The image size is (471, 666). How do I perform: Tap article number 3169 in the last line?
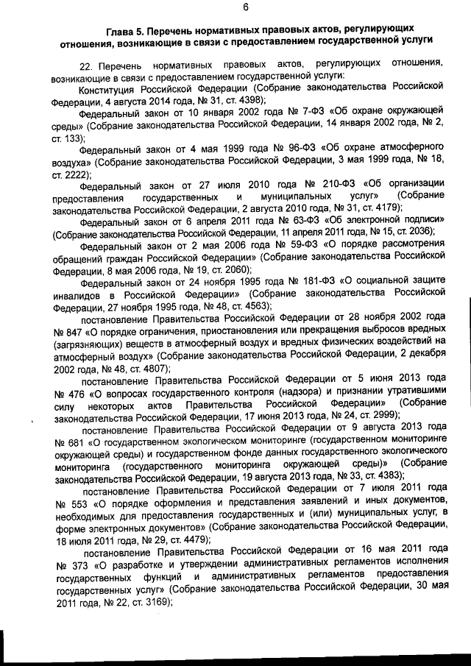pos(154,600)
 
